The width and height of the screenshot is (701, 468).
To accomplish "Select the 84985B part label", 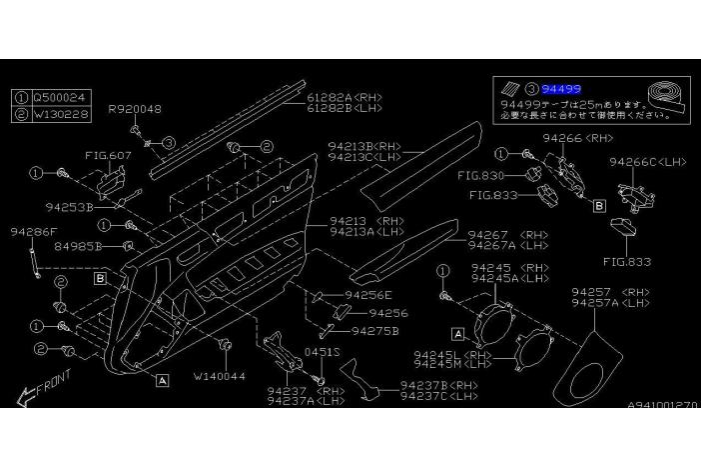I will click(78, 244).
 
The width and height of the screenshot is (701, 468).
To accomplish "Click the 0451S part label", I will click(323, 352).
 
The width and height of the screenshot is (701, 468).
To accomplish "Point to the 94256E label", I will click(367, 295).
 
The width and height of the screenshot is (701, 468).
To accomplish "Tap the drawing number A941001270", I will click(663, 405).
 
